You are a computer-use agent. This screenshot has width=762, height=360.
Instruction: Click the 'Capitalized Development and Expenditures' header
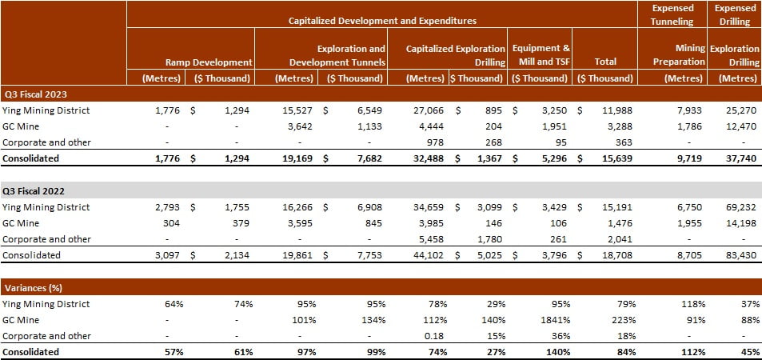coord(382,20)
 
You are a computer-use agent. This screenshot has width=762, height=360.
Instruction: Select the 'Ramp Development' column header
coord(209,62)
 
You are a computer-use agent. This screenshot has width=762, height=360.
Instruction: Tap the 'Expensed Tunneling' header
coord(673,14)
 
